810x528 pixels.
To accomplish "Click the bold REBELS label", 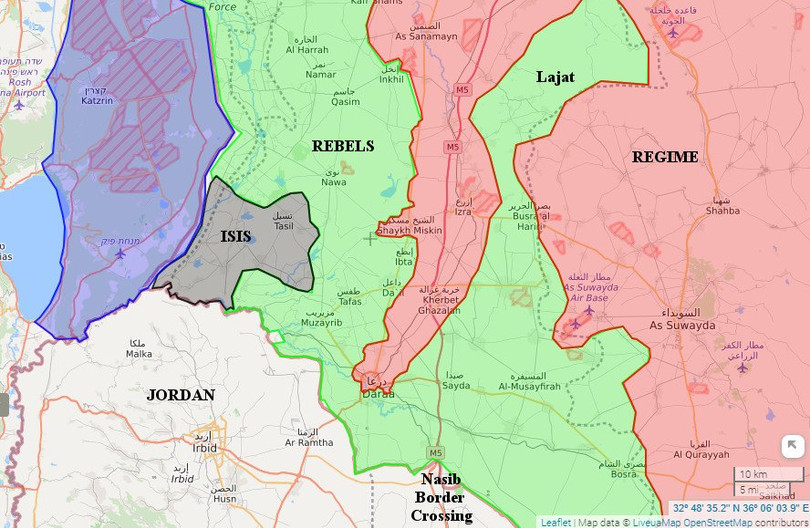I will [342, 146].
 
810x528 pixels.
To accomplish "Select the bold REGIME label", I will [664, 157].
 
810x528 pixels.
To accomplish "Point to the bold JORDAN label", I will [180, 395].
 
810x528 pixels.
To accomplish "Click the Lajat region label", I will [555, 76].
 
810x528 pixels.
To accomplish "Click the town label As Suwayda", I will [683, 326].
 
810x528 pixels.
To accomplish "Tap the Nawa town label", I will [334, 182].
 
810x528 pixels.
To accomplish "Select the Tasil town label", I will [284, 226].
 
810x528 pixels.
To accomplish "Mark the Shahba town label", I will [722, 211].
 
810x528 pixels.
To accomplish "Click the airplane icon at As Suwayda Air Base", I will [588, 309].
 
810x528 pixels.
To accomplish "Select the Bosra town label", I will [623, 474].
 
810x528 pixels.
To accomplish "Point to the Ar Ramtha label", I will [309, 442].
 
